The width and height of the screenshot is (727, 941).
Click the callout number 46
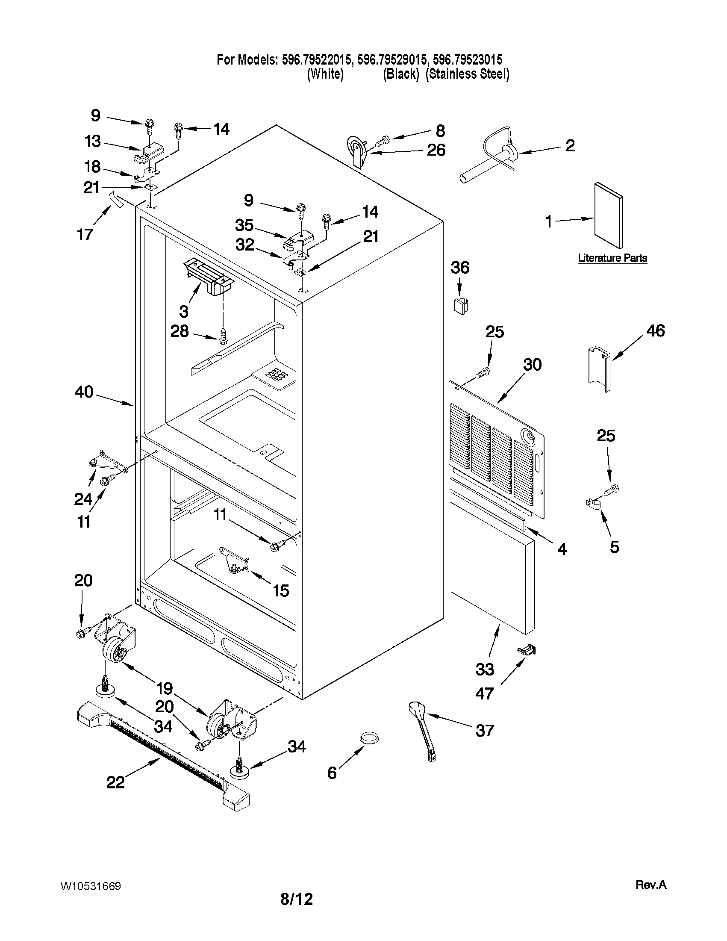[x=655, y=331]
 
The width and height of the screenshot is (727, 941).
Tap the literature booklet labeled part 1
[x=608, y=215]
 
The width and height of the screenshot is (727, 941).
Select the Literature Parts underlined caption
[x=612, y=258]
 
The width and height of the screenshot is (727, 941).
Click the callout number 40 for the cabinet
[x=84, y=392]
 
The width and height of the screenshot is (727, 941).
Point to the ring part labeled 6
[x=369, y=738]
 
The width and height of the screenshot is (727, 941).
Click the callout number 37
[x=485, y=731]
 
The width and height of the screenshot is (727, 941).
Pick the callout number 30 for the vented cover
[x=532, y=365]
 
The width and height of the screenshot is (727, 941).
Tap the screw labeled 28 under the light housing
[x=223, y=336]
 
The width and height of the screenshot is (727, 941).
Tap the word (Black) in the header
[x=400, y=74]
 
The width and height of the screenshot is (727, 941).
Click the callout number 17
[x=85, y=234]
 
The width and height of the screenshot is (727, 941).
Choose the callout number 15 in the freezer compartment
[x=281, y=591]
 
